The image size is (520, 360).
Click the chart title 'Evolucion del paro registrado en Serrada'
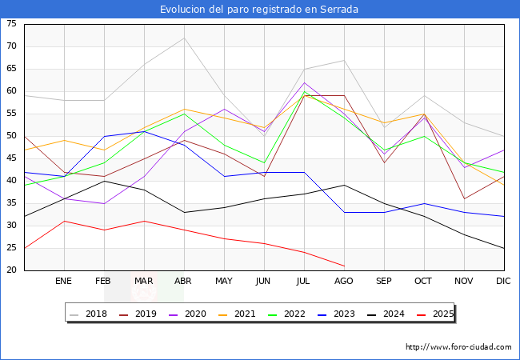(x=259, y=10)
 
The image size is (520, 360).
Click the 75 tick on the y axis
(x=11, y=24)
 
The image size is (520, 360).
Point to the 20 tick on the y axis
(x=11, y=270)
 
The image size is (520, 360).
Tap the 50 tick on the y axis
(x=11, y=136)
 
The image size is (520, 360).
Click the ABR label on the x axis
(x=184, y=282)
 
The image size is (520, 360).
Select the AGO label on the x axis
(x=344, y=282)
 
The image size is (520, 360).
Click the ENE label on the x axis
(x=64, y=282)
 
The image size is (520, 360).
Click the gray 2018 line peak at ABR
(x=184, y=38)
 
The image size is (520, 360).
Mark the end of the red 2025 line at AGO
(x=344, y=266)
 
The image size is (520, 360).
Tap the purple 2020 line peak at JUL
(x=304, y=82)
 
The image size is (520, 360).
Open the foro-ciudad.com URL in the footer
(x=458, y=347)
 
